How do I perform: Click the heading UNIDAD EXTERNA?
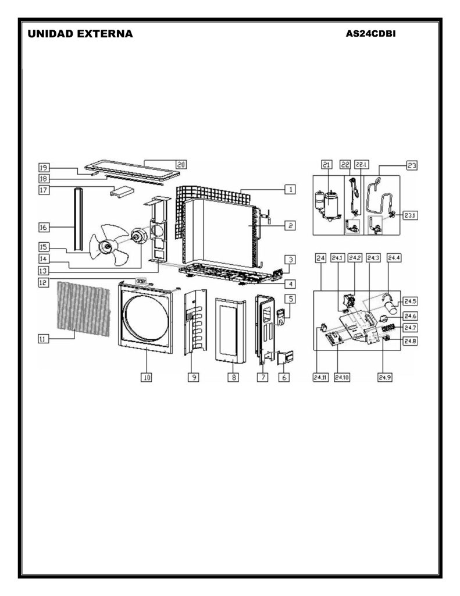click(x=80, y=34)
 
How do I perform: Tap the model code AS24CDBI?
click(x=370, y=33)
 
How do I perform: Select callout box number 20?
click(x=181, y=165)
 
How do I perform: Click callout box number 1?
click(x=290, y=189)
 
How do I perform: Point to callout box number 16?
click(x=44, y=228)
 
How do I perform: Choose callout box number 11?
click(x=43, y=339)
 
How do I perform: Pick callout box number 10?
click(x=146, y=377)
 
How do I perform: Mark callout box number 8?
click(x=233, y=377)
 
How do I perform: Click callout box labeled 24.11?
click(x=320, y=377)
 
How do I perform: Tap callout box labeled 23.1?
click(x=409, y=215)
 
